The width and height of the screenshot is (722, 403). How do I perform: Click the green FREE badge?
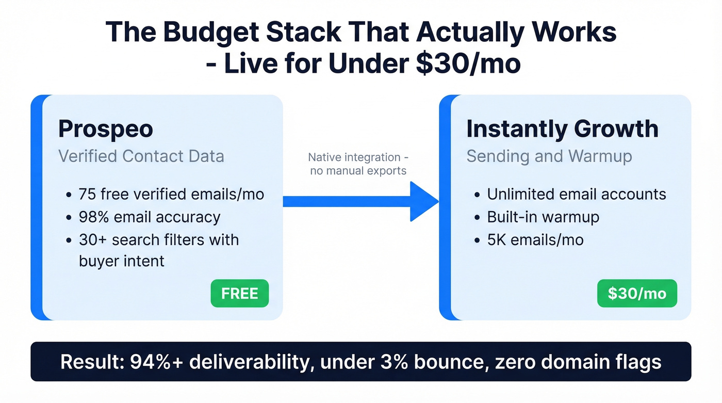pos(240,293)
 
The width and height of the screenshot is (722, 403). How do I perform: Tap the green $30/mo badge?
pos(637,293)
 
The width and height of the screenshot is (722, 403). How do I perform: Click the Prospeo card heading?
pos(106,128)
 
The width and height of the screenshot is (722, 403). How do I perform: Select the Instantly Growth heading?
pos(562,128)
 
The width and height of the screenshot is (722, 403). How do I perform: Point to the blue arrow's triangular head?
pos(424,201)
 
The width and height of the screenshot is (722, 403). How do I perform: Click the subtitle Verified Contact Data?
pos(141,156)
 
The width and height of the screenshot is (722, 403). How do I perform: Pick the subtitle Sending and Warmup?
pos(549,156)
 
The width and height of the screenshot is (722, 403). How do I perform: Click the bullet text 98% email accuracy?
pos(150,217)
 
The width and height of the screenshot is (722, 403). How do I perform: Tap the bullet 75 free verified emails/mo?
pos(171,194)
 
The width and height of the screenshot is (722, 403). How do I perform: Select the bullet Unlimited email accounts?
pos(577,194)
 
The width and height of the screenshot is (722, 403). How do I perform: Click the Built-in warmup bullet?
pos(543,217)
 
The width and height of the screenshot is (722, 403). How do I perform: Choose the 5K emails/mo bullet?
pos(535,239)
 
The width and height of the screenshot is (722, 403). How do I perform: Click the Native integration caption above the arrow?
pos(361,164)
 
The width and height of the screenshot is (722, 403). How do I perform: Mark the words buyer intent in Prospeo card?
pos(122,261)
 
